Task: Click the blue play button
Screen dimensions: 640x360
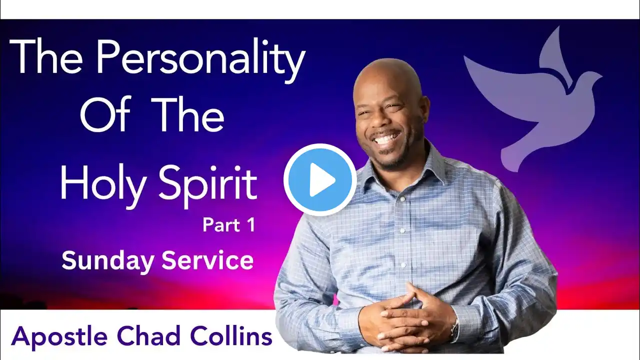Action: [320, 179]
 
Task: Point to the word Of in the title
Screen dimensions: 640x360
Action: [106, 114]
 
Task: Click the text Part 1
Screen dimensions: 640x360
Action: [228, 225]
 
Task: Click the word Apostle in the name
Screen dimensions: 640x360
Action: [59, 337]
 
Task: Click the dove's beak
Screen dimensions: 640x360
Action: [599, 76]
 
